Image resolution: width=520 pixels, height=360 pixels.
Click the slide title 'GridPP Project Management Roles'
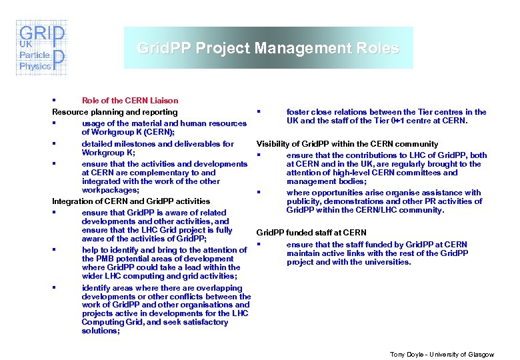click(x=268, y=48)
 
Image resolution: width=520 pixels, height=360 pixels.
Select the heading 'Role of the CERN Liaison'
click(x=130, y=101)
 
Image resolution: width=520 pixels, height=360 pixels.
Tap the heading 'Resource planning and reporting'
click(x=115, y=112)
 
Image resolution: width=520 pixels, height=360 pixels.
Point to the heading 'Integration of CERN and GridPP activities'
click(x=131, y=201)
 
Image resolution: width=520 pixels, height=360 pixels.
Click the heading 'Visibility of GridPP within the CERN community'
click(x=347, y=144)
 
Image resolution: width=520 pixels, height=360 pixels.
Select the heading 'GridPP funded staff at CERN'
click(x=311, y=233)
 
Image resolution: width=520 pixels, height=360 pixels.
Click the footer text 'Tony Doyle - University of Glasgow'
click(x=442, y=354)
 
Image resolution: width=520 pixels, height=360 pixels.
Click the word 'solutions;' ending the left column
click(x=101, y=331)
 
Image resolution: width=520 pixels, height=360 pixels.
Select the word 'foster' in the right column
click(x=298, y=112)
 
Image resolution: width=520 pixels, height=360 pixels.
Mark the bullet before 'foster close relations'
click(x=258, y=111)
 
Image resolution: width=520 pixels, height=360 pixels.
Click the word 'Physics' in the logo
click(x=35, y=66)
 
